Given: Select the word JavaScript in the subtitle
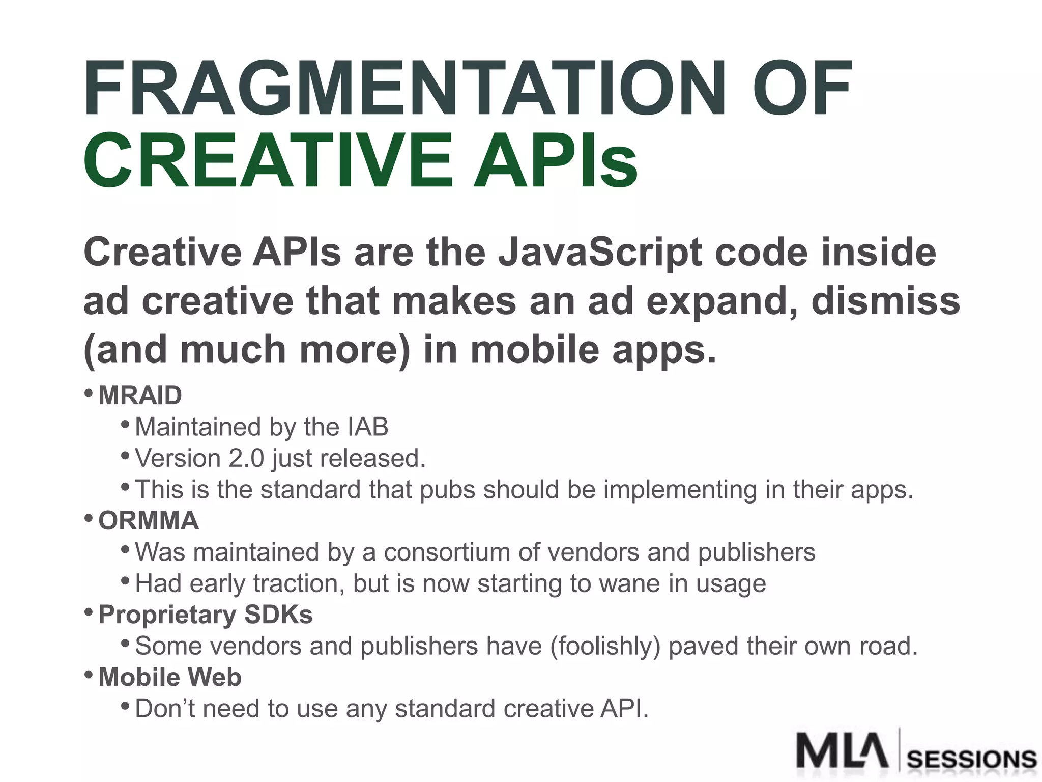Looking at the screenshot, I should click(x=600, y=253).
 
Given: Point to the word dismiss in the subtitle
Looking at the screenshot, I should click(x=885, y=301).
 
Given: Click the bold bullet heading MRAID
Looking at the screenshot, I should click(x=140, y=396).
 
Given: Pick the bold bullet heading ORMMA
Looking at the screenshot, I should click(x=148, y=521).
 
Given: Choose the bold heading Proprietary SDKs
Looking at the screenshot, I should click(x=205, y=615).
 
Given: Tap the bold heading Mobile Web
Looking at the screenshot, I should click(x=169, y=677).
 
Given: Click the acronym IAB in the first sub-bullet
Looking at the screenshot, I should click(x=368, y=427).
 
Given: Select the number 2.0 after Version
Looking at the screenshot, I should click(x=246, y=458).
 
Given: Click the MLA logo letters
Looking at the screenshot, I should click(x=842, y=751).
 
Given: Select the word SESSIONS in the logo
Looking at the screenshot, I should click(x=972, y=760).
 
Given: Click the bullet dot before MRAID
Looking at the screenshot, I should click(x=89, y=393).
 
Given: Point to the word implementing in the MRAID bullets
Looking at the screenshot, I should click(x=680, y=490).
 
